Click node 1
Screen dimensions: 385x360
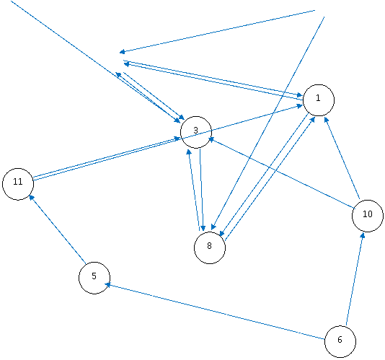[x=319, y=100]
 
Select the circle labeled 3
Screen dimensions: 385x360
[x=196, y=132]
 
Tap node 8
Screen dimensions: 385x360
[x=210, y=247]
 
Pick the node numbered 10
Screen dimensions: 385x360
[x=368, y=216]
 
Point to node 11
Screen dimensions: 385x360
[x=18, y=184]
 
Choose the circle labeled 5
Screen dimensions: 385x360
[x=94, y=278]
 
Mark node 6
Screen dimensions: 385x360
[x=340, y=341]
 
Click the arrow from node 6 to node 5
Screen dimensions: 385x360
[x=215, y=312]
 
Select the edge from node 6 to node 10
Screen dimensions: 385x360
[x=355, y=279]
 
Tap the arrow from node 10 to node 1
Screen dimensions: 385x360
[x=342, y=158]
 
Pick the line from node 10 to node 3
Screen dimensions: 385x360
[x=281, y=172]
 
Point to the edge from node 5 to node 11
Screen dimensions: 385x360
[x=58, y=229]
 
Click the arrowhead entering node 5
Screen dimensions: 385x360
[x=107, y=285]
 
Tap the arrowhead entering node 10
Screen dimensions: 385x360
[x=363, y=235]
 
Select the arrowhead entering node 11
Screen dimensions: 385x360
[x=31, y=197]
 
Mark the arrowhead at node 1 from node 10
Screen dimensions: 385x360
[x=326, y=120]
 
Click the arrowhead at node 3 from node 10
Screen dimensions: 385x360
[x=211, y=139]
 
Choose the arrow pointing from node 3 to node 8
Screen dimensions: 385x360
[x=201, y=190]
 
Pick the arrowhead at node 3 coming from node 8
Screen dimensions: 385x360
[x=189, y=152]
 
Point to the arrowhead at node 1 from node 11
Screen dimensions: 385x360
[x=300, y=106]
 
